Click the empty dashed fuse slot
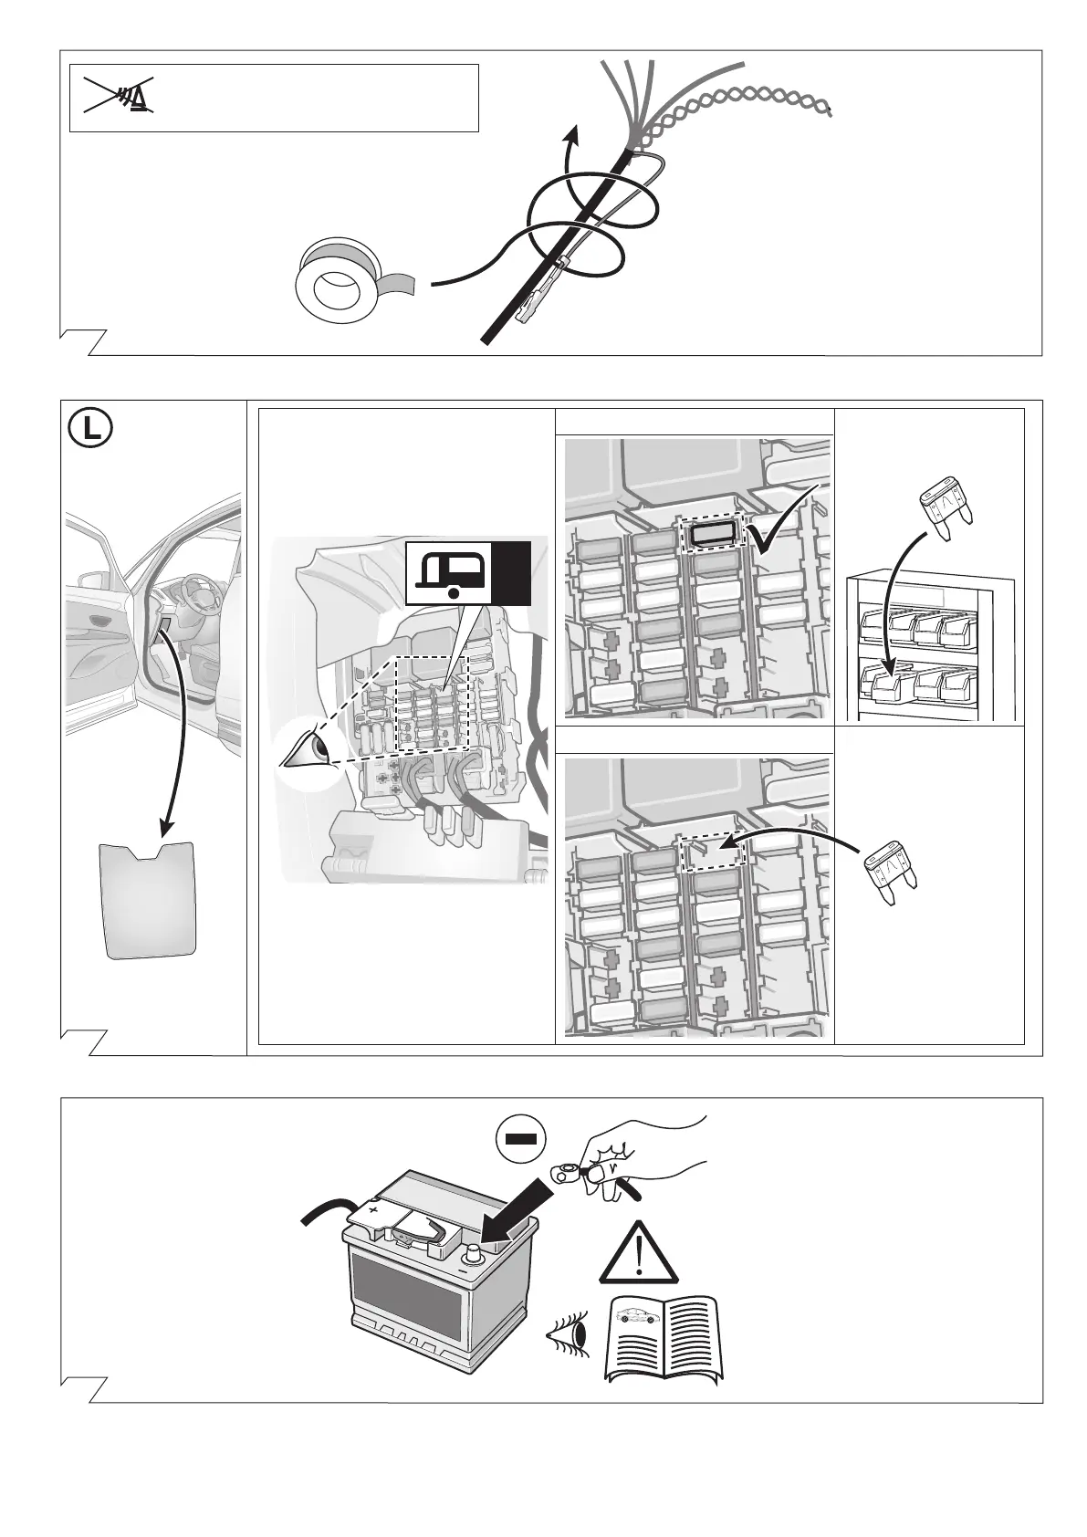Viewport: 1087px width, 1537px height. coord(715,850)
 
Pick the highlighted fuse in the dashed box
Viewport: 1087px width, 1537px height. coord(714,535)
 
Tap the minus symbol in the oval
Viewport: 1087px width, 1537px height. coord(520,1139)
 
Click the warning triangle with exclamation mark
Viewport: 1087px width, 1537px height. coord(638,1252)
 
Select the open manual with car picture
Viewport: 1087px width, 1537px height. coord(668,1338)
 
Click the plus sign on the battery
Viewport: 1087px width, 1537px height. coord(372,1207)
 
